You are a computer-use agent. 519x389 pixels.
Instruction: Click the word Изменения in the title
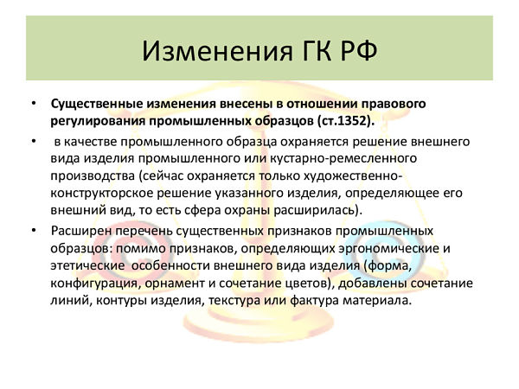[217, 51]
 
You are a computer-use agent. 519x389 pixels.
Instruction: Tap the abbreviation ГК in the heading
[317, 51]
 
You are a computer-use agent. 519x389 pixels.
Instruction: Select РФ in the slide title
[359, 51]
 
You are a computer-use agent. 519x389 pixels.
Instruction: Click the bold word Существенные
[96, 104]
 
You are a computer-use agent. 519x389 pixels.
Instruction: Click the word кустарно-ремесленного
[343, 158]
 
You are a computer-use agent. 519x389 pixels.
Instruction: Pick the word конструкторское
[101, 193]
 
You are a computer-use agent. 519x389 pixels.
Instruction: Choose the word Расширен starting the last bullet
[80, 231]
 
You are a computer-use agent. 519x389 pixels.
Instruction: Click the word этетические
[87, 266]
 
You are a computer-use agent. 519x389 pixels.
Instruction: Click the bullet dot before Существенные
[34, 104]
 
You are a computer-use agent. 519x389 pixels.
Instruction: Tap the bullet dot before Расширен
[34, 231]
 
